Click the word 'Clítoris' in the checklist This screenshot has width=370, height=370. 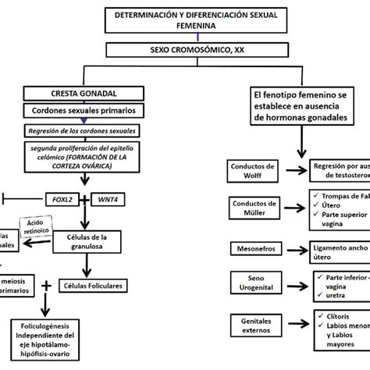click(336, 316)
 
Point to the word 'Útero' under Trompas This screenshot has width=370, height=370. click(333, 205)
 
